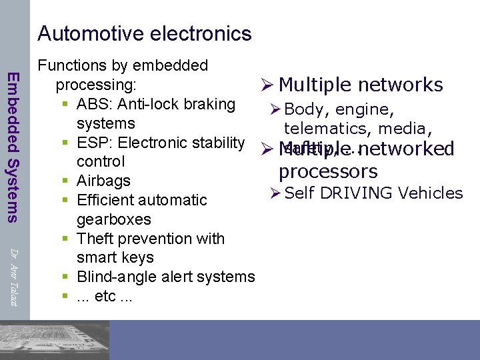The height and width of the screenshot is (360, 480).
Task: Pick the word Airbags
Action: pyautogui.click(x=103, y=181)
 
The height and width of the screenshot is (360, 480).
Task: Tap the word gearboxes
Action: pyautogui.click(x=114, y=219)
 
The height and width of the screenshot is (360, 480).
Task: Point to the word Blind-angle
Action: pyautogui.click(x=115, y=277)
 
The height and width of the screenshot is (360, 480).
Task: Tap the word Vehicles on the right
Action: pyautogui.click(x=430, y=193)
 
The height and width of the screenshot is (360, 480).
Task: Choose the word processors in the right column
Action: pyautogui.click(x=328, y=171)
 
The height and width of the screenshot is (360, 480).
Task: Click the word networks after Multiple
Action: pyautogui.click(x=401, y=85)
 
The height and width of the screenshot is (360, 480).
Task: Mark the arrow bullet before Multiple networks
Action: pyautogui.click(x=266, y=85)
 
